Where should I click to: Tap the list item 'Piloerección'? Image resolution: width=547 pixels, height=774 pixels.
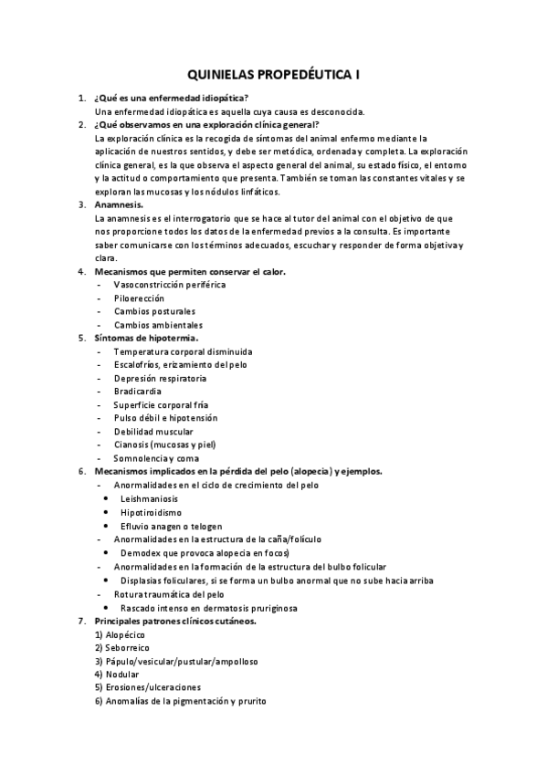[139, 298]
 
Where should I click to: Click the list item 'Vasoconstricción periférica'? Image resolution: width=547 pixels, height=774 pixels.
[169, 285]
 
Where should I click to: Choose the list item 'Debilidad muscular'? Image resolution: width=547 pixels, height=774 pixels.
[153, 431]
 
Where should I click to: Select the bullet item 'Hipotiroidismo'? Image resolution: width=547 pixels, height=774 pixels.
[151, 513]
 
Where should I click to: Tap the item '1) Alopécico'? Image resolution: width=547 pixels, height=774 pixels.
[121, 634]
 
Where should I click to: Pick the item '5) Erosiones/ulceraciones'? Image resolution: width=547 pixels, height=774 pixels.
[147, 687]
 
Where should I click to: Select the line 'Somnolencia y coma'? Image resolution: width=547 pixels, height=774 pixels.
[155, 457]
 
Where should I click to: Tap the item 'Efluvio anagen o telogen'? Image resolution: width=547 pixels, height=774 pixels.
[173, 526]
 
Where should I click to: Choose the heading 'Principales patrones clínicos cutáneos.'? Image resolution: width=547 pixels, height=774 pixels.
[175, 621]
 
